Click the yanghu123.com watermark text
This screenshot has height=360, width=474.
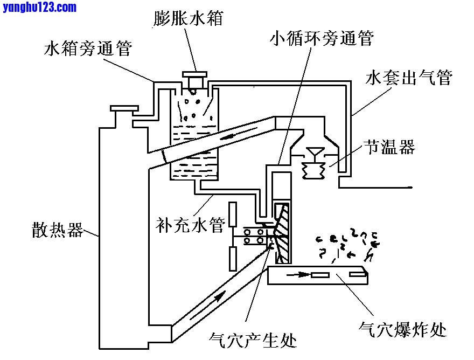(x=39, y=7)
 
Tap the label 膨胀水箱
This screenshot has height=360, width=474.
(x=187, y=18)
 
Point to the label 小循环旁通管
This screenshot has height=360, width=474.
(x=322, y=38)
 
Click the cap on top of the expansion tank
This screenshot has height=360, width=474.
(x=194, y=75)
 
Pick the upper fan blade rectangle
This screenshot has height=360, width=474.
(x=233, y=214)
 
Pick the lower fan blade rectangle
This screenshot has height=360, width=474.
(x=233, y=258)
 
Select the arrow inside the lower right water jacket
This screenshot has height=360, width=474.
(x=302, y=275)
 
